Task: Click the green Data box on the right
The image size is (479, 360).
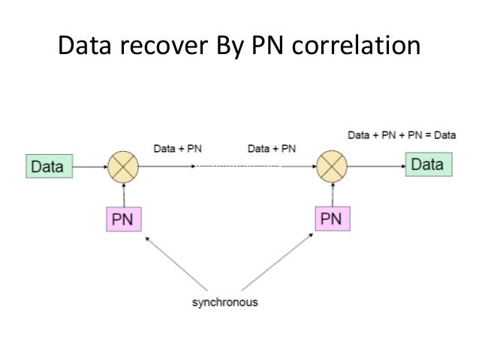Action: [x=427, y=164]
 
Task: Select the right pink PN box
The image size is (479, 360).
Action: [x=332, y=219]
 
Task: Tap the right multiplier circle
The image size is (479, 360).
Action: [x=332, y=165]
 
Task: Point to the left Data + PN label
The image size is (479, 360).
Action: [x=177, y=149]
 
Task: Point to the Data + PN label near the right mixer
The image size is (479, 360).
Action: [x=271, y=149]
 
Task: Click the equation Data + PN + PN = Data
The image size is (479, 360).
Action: [x=402, y=135]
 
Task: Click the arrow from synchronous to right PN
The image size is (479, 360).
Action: [x=278, y=263]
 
